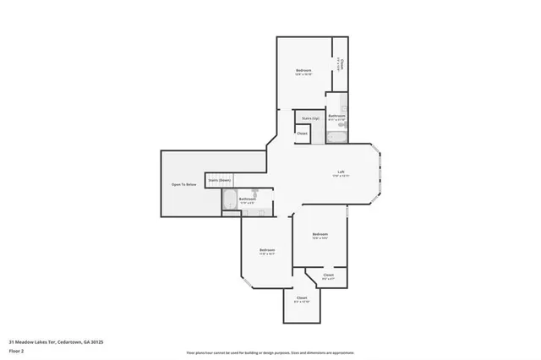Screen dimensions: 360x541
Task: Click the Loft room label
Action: (x=341, y=172)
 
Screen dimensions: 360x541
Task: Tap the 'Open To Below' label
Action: (x=183, y=184)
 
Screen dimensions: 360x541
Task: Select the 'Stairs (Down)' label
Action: (x=220, y=180)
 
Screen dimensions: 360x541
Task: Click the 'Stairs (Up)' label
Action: (x=309, y=118)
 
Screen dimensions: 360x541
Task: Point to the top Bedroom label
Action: (x=304, y=69)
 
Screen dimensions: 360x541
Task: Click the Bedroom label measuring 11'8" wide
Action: (x=266, y=250)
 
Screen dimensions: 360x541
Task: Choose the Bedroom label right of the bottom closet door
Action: (x=320, y=233)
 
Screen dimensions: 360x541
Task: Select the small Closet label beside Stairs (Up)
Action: (x=302, y=133)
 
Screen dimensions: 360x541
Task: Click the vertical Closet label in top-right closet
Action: (x=342, y=63)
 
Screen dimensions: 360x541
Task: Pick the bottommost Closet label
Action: (x=301, y=298)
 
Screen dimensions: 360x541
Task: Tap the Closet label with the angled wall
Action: (x=328, y=275)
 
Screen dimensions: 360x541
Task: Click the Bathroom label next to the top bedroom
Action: (x=336, y=116)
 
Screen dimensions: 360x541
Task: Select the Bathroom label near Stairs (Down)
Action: (x=247, y=199)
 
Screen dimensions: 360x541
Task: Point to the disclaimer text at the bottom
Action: (x=270, y=352)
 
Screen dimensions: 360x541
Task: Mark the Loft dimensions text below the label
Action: (x=341, y=176)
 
